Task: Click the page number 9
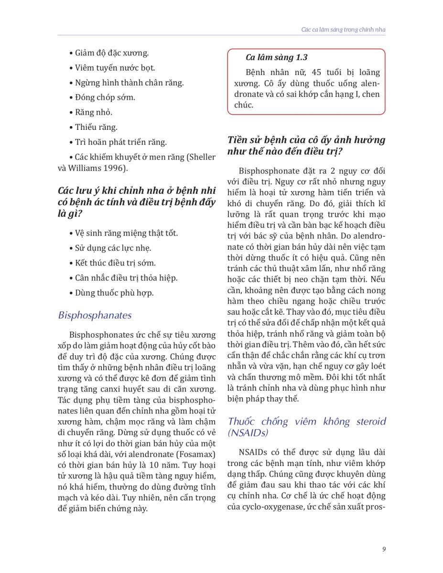coord(384,549)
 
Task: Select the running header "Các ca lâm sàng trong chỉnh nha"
coord(343,30)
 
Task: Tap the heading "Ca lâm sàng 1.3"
coord(277,57)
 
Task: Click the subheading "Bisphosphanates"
coord(95,316)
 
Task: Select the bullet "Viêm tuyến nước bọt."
coord(115,68)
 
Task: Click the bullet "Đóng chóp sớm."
coord(105,97)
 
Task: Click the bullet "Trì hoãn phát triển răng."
coord(120,142)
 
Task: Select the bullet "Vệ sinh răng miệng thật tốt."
coord(126,233)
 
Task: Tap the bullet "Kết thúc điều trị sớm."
coord(115,263)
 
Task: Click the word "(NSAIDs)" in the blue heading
coord(248,433)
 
